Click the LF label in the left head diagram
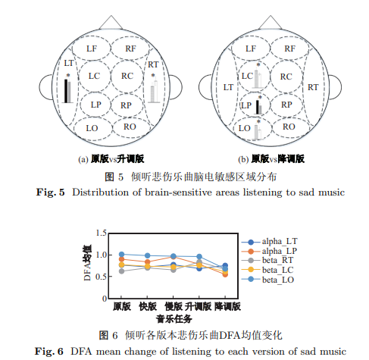coord(92,49)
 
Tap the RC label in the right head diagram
coord(286,77)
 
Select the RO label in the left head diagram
coord(130,127)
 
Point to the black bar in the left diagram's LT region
coord(66,91)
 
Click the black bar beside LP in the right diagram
coord(258,107)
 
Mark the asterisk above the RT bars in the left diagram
coord(153,76)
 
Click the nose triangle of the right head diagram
coord(270,22)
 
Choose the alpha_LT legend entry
coord(270,242)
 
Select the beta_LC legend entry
coord(267,270)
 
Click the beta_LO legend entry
coord(267,280)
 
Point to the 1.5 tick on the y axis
coord(102,233)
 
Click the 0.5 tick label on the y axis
coord(102,277)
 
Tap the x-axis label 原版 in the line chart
coord(122,306)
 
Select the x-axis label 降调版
coord(228,306)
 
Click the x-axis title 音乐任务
coord(174,319)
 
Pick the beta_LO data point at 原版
coord(122,254)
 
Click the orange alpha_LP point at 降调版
coord(225,274)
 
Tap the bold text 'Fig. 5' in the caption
coord(51,193)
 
